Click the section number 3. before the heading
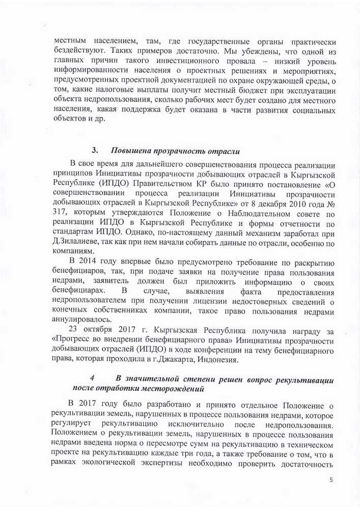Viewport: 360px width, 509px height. click(95, 151)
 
